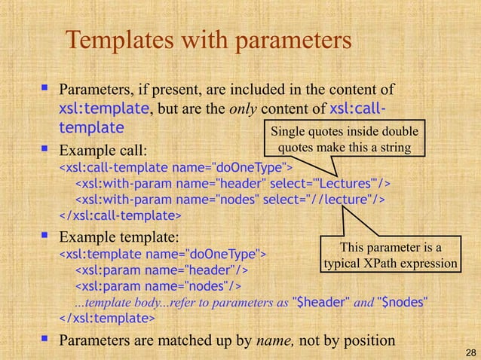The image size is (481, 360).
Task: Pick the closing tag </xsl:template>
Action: (107, 319)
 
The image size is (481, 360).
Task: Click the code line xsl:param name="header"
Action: (162, 269)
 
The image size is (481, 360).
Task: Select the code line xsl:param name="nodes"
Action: (158, 286)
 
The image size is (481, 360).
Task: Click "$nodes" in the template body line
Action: (403, 303)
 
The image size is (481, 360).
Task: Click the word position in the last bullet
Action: (368, 340)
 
